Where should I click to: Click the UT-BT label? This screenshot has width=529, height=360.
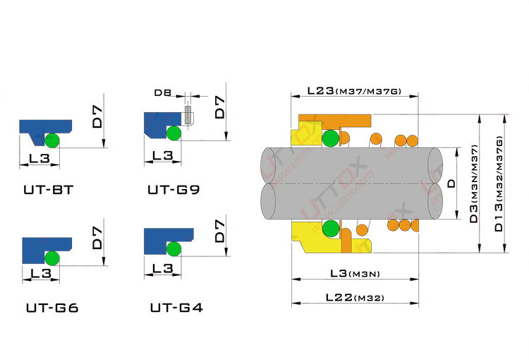[x=49, y=190]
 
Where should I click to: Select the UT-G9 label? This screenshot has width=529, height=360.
[x=174, y=189]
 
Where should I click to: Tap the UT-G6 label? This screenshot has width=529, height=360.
[x=52, y=308]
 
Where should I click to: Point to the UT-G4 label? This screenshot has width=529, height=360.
[x=176, y=308]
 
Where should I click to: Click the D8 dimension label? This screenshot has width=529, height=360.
[x=163, y=92]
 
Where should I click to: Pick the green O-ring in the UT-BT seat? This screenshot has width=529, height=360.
[x=52, y=140]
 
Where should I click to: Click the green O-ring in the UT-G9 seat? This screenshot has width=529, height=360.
[x=174, y=133]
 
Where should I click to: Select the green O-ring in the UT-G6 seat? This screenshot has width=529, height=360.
[x=52, y=258]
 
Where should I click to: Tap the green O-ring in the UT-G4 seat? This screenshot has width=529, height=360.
[x=174, y=249]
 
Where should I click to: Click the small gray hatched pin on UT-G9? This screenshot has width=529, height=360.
[x=188, y=114]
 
